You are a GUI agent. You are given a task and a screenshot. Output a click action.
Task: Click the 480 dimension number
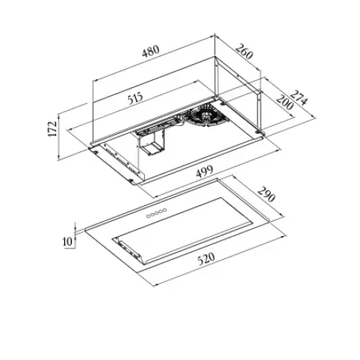click(150, 51)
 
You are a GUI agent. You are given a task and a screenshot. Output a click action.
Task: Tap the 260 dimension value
click(244, 51)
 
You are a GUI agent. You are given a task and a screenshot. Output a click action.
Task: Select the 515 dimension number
click(135, 98)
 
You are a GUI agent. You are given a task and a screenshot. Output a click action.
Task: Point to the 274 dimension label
click(298, 98)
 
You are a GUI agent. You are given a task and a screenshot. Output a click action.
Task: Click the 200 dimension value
click(284, 102)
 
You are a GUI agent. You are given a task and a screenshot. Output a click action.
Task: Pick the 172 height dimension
click(53, 129)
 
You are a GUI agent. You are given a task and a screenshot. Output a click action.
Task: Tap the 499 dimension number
click(204, 171)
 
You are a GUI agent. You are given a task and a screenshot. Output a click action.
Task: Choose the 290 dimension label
click(266, 194)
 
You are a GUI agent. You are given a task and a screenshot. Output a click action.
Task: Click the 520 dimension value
click(206, 258)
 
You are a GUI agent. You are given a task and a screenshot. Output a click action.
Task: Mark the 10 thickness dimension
click(68, 241)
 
